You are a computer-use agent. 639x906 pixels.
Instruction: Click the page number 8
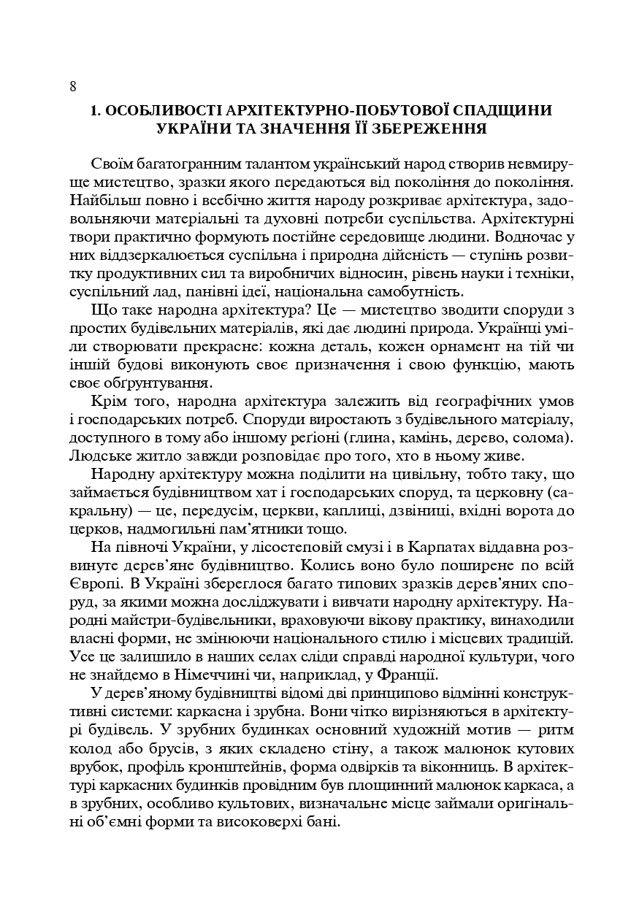(x=73, y=87)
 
